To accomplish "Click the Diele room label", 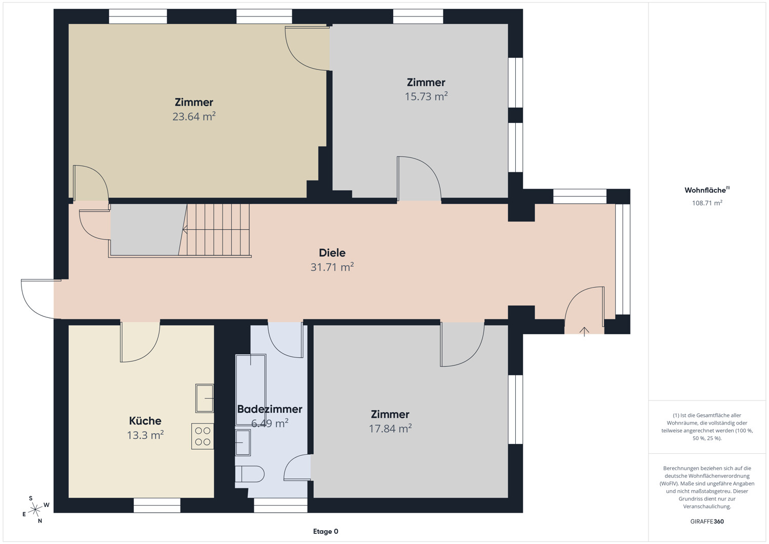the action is click(x=332, y=253).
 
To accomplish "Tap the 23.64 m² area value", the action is click(x=194, y=117).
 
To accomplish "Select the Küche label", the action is click(x=145, y=421).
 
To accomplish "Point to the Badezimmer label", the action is click(x=270, y=409).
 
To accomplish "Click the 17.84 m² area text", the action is click(x=390, y=429).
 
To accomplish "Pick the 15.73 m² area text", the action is click(x=426, y=96).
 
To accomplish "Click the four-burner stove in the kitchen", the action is click(x=203, y=436).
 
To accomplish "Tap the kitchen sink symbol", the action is click(x=205, y=398).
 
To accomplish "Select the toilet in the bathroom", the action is click(x=250, y=474).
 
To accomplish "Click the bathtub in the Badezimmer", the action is click(x=251, y=390).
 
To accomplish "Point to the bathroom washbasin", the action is click(x=242, y=442).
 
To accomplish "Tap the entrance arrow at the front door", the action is click(x=584, y=332).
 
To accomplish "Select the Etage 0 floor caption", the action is click(x=326, y=531).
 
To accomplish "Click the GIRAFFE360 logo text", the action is click(x=707, y=521).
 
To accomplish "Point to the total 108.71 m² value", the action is click(x=707, y=203).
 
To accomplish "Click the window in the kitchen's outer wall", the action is click(x=157, y=505).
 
